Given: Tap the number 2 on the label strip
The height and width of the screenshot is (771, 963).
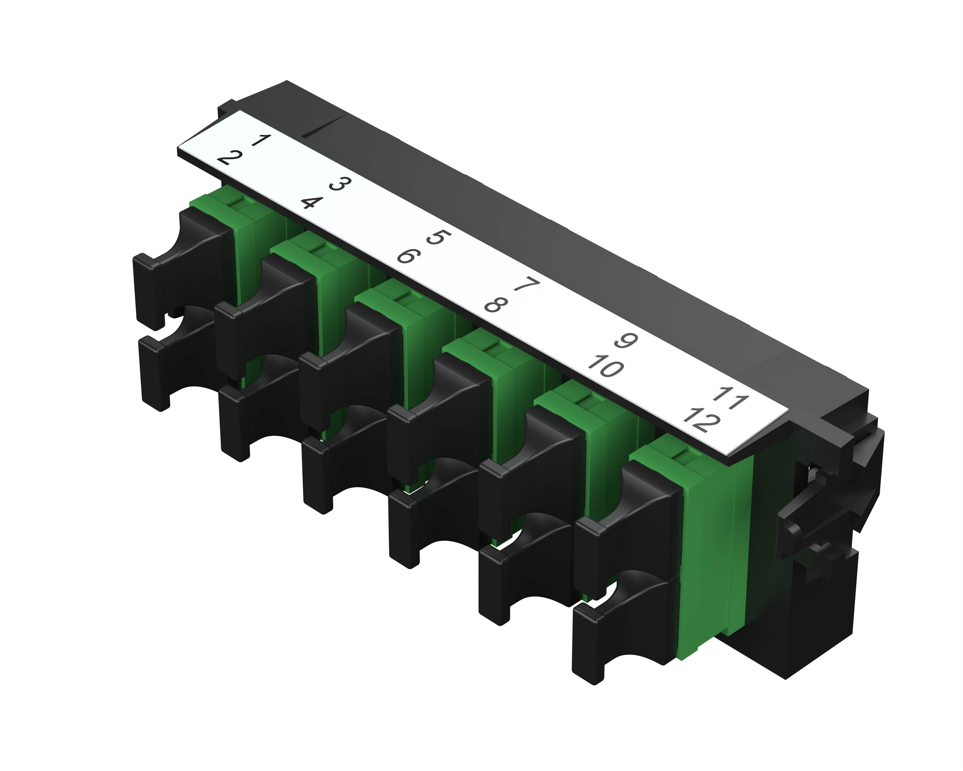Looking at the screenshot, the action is [x=230, y=158].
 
